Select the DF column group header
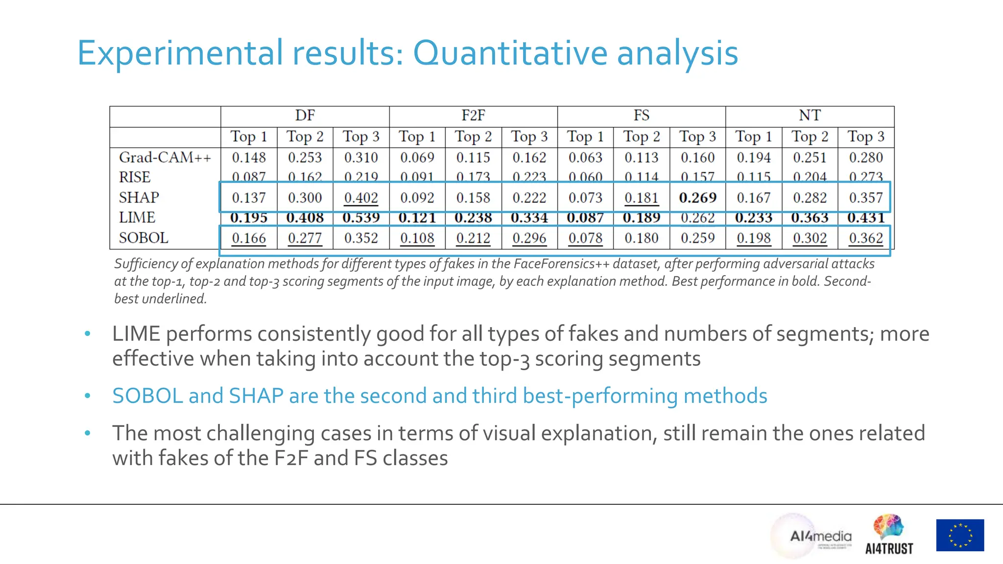click(x=305, y=116)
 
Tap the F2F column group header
click(x=473, y=116)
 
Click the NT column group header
click(x=810, y=116)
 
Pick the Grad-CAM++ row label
click(x=165, y=158)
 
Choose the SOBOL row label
click(x=143, y=238)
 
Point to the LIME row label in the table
click(x=137, y=217)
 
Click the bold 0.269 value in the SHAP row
click(x=697, y=198)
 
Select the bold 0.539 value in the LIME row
click(x=361, y=217)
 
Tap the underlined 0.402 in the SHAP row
click(x=361, y=198)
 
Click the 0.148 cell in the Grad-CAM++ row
click(x=249, y=158)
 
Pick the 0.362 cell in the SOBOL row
click(x=866, y=238)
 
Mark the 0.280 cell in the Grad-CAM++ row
click(x=866, y=158)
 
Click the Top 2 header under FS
click(x=642, y=137)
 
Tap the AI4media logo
click(x=819, y=537)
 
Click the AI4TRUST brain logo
click(x=889, y=535)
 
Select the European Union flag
click(x=960, y=535)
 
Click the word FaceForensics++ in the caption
click(x=561, y=264)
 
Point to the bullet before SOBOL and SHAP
click(x=88, y=396)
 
